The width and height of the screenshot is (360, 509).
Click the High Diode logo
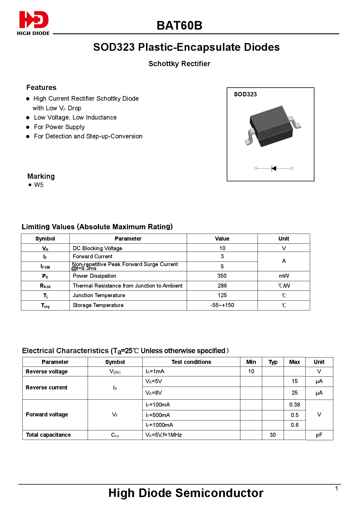33,23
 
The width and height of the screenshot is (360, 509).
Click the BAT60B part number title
179,26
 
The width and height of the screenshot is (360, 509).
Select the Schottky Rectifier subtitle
179,64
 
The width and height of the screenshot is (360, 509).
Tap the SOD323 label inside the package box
245,94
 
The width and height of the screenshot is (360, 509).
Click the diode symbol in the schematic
273,168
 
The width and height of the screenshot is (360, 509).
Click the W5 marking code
39,185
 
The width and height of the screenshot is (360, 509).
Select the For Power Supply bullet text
59,127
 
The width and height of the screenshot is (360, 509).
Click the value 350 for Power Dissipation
222,276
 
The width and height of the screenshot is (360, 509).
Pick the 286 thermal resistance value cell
222,286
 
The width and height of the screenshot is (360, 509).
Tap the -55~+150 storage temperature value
222,305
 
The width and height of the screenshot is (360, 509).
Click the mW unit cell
284,276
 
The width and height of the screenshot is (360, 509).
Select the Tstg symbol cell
45,306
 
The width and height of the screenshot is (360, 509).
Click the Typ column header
273,362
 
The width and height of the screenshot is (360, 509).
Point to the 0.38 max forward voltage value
295,405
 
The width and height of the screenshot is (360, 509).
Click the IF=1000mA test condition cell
159,425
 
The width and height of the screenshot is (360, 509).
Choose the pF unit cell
319,435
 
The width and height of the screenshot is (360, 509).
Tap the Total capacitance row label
48,435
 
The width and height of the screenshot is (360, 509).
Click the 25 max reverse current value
295,393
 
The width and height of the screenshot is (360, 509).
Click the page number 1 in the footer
336,489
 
